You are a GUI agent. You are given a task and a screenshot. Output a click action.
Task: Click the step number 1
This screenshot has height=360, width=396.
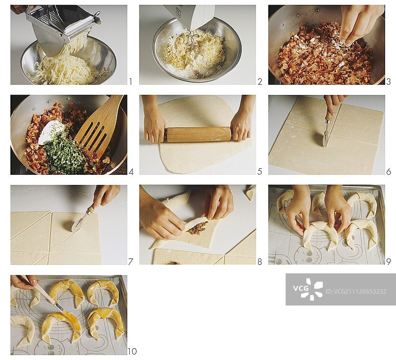pos(131,82)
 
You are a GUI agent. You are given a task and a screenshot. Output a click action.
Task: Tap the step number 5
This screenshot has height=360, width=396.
pos(259,171)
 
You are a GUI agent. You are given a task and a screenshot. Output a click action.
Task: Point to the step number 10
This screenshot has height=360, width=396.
pos(132,351)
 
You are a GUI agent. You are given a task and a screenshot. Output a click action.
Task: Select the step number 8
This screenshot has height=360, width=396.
pos(259,262)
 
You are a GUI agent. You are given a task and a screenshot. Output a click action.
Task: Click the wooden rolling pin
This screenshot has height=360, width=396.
pos(199,135)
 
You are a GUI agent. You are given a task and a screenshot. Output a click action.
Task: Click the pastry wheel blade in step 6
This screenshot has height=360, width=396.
pos(325,138)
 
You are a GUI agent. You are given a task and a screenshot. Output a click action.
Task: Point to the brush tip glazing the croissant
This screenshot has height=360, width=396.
pos(60,308)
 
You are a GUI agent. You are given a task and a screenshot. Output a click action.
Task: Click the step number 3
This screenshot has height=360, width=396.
pos(389,82)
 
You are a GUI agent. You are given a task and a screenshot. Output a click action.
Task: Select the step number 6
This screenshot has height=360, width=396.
pos(389,171)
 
